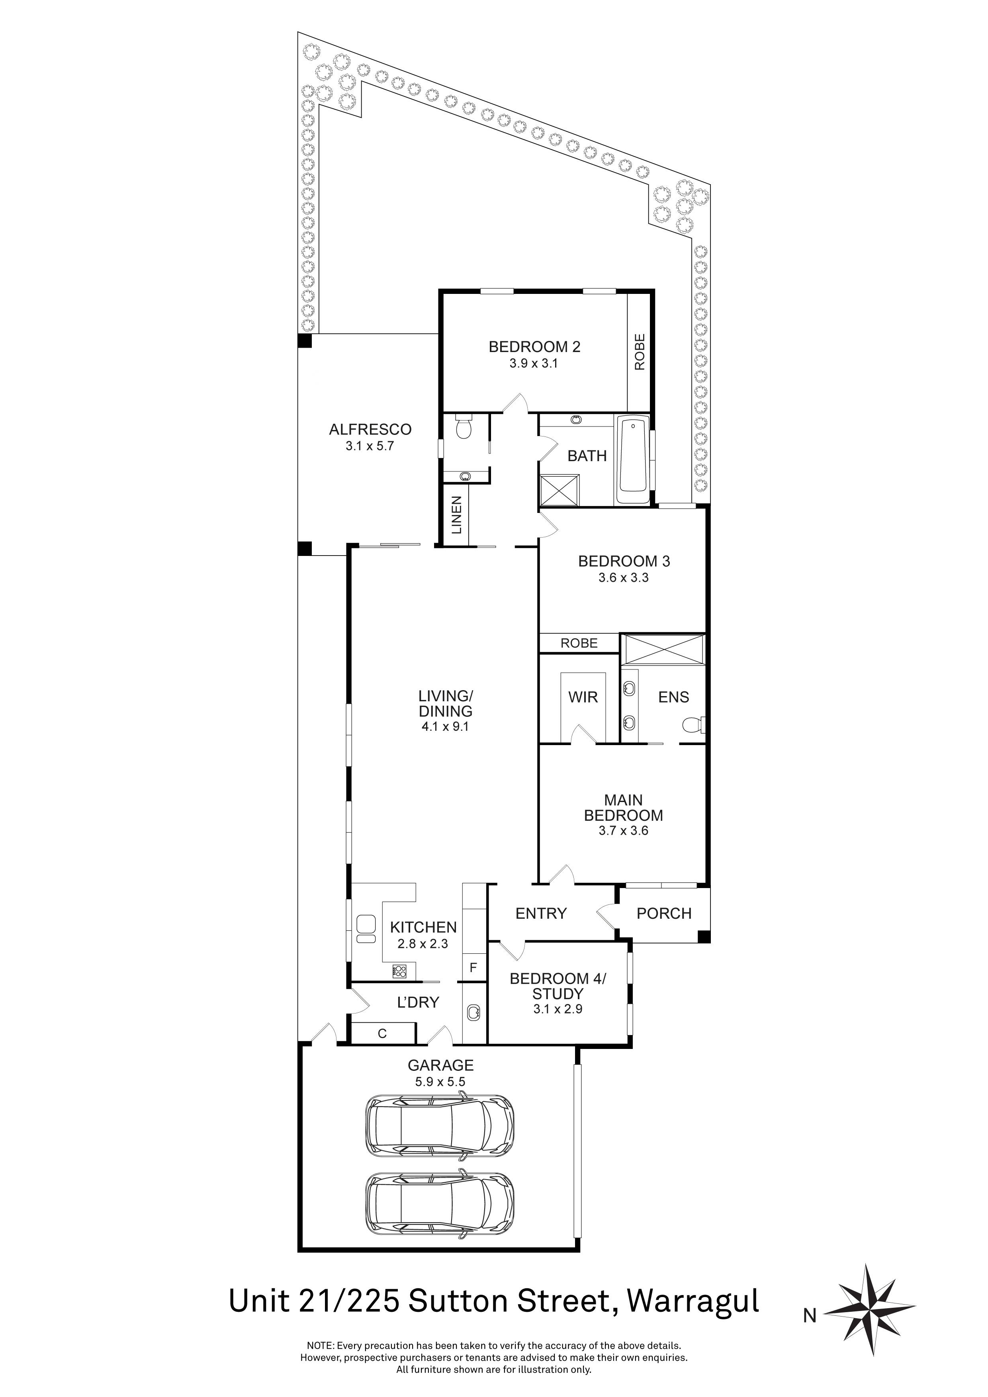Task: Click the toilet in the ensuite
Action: (x=693, y=725)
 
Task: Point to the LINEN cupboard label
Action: (x=457, y=515)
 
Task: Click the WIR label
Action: (x=583, y=697)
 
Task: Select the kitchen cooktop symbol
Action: (x=400, y=972)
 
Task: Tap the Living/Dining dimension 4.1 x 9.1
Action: (x=445, y=726)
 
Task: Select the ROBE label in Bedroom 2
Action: (x=639, y=352)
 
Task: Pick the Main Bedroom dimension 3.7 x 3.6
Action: (x=623, y=831)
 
